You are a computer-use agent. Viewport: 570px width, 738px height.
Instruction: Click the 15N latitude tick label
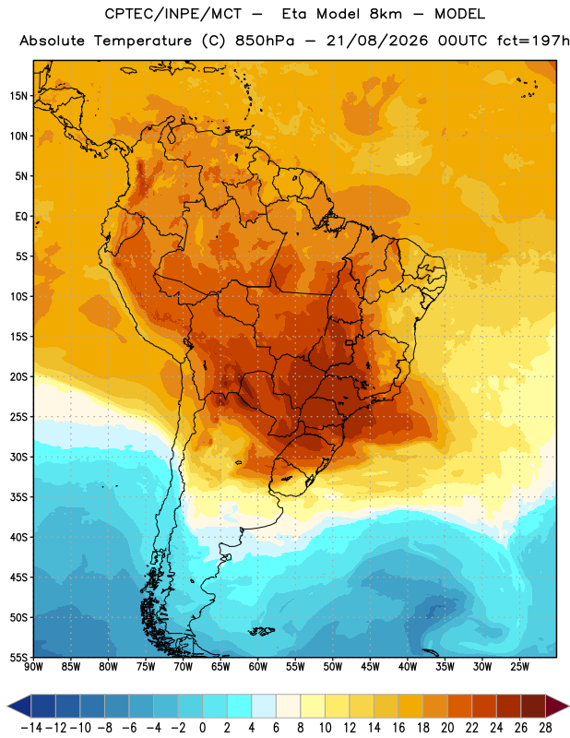[x=18, y=96]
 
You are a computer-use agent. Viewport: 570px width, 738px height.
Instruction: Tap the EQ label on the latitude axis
[x=21, y=217]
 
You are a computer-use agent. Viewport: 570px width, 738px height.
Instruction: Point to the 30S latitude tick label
[x=18, y=457]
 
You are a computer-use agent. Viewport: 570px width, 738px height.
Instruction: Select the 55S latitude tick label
[x=18, y=658]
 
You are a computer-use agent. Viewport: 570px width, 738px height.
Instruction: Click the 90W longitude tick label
[x=33, y=666]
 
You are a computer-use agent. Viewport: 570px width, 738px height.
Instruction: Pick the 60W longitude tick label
[x=257, y=666]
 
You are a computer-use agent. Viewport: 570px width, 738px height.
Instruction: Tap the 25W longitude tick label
[x=519, y=666]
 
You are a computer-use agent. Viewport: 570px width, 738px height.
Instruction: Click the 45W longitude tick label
[x=370, y=666]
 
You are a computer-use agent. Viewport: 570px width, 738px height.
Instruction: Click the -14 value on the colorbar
[x=31, y=728]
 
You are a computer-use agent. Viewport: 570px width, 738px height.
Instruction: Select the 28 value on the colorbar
[x=545, y=728]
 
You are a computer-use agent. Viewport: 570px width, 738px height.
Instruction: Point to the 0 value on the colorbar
[x=202, y=728]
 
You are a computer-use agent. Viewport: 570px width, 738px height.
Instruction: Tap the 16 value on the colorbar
[x=398, y=728]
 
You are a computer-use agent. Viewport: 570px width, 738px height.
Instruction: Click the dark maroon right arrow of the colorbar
[x=557, y=707]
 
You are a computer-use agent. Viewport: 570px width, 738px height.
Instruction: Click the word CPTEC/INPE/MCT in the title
[x=172, y=14]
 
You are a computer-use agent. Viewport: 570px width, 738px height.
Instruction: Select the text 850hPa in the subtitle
[x=265, y=41]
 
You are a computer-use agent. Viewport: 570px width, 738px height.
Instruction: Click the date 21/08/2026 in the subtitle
[x=377, y=41]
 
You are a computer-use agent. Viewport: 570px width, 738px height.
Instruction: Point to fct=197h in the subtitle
[x=533, y=41]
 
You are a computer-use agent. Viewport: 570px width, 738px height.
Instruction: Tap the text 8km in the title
[x=386, y=14]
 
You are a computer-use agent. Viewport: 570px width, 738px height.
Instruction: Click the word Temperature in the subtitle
[x=143, y=42]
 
